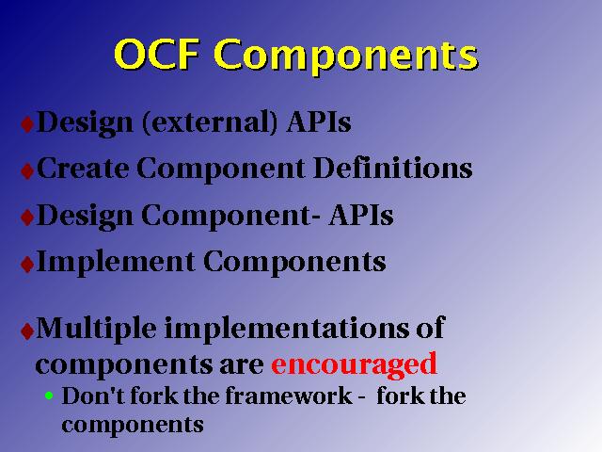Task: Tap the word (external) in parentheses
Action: click(210, 122)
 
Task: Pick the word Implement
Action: click(115, 263)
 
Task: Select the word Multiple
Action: click(96, 329)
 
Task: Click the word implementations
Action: click(287, 329)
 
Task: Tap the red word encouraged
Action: click(354, 364)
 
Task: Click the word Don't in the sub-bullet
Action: click(93, 395)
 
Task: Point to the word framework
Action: click(289, 395)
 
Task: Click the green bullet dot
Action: click(49, 395)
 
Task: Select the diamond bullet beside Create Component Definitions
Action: click(27, 171)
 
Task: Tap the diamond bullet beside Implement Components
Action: click(27, 265)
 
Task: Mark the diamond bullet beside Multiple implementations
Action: click(27, 331)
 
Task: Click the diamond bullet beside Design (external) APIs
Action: click(27, 124)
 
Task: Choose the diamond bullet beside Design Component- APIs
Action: click(27, 218)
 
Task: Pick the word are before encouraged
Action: click(242, 365)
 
